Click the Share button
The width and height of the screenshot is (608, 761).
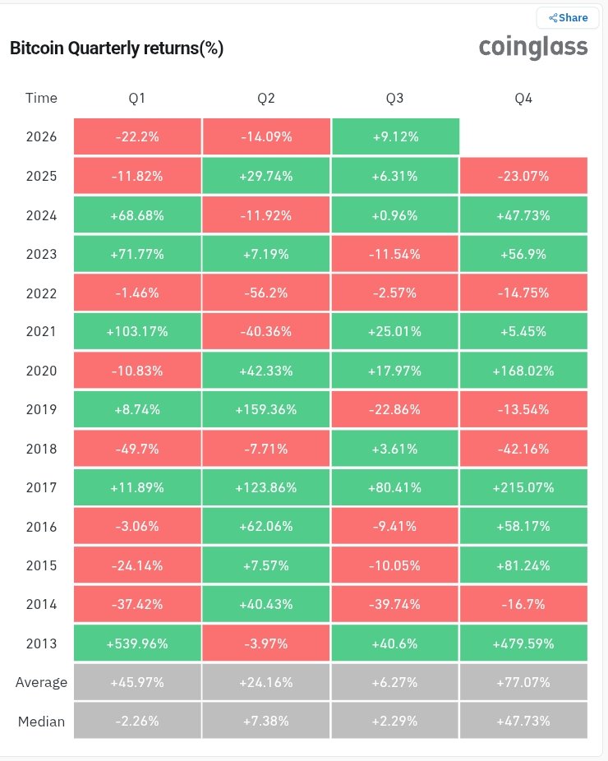pyautogui.click(x=568, y=18)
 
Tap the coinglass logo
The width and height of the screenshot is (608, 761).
pyautogui.click(x=532, y=48)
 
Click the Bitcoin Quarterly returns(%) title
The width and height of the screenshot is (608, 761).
pyautogui.click(x=117, y=48)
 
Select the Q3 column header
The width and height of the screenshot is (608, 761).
pyautogui.click(x=394, y=98)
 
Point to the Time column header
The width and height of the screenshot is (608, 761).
pyautogui.click(x=41, y=98)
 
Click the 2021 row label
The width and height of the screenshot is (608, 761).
pyautogui.click(x=41, y=331)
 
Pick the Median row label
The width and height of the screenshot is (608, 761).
pyautogui.click(x=41, y=722)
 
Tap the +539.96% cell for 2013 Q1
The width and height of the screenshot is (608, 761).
pyautogui.click(x=137, y=643)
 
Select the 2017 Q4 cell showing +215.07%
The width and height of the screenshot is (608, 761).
pyautogui.click(x=523, y=487)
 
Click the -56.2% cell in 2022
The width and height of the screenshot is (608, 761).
pyautogui.click(x=266, y=293)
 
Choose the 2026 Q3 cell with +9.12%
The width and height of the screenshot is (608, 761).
pyautogui.click(x=395, y=136)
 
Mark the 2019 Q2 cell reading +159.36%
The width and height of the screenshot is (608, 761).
pyautogui.click(x=266, y=409)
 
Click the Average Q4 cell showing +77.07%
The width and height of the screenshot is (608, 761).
pyautogui.click(x=523, y=682)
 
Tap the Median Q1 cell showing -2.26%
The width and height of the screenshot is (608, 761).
pyautogui.click(x=137, y=721)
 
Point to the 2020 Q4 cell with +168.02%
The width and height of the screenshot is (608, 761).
pyautogui.click(x=523, y=371)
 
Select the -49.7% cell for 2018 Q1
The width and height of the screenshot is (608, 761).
pyautogui.click(x=137, y=449)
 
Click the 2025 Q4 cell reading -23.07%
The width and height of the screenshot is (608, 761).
pyautogui.click(x=523, y=176)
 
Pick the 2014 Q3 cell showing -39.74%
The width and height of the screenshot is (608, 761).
pyautogui.click(x=394, y=604)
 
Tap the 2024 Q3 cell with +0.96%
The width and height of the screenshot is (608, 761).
pyautogui.click(x=394, y=215)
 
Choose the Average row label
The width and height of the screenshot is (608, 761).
pyautogui.click(x=41, y=682)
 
